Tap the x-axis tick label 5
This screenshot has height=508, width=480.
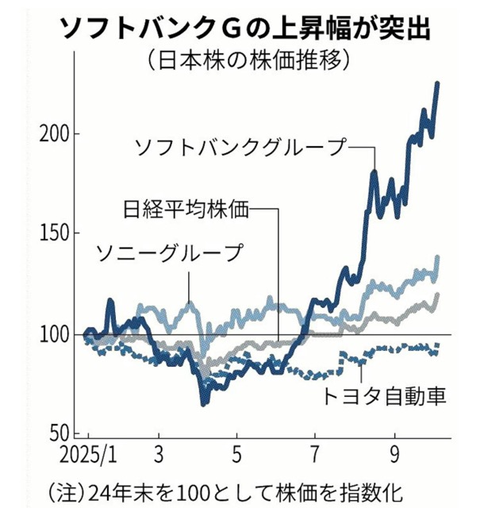click(236, 460)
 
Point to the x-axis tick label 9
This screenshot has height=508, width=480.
click(392, 460)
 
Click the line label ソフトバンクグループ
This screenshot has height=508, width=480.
click(242, 147)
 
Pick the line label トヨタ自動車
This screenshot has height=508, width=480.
click(382, 394)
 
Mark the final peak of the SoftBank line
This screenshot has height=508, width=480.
click(438, 83)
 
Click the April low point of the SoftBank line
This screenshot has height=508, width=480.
click(204, 404)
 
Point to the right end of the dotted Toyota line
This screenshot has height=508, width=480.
click(438, 345)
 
